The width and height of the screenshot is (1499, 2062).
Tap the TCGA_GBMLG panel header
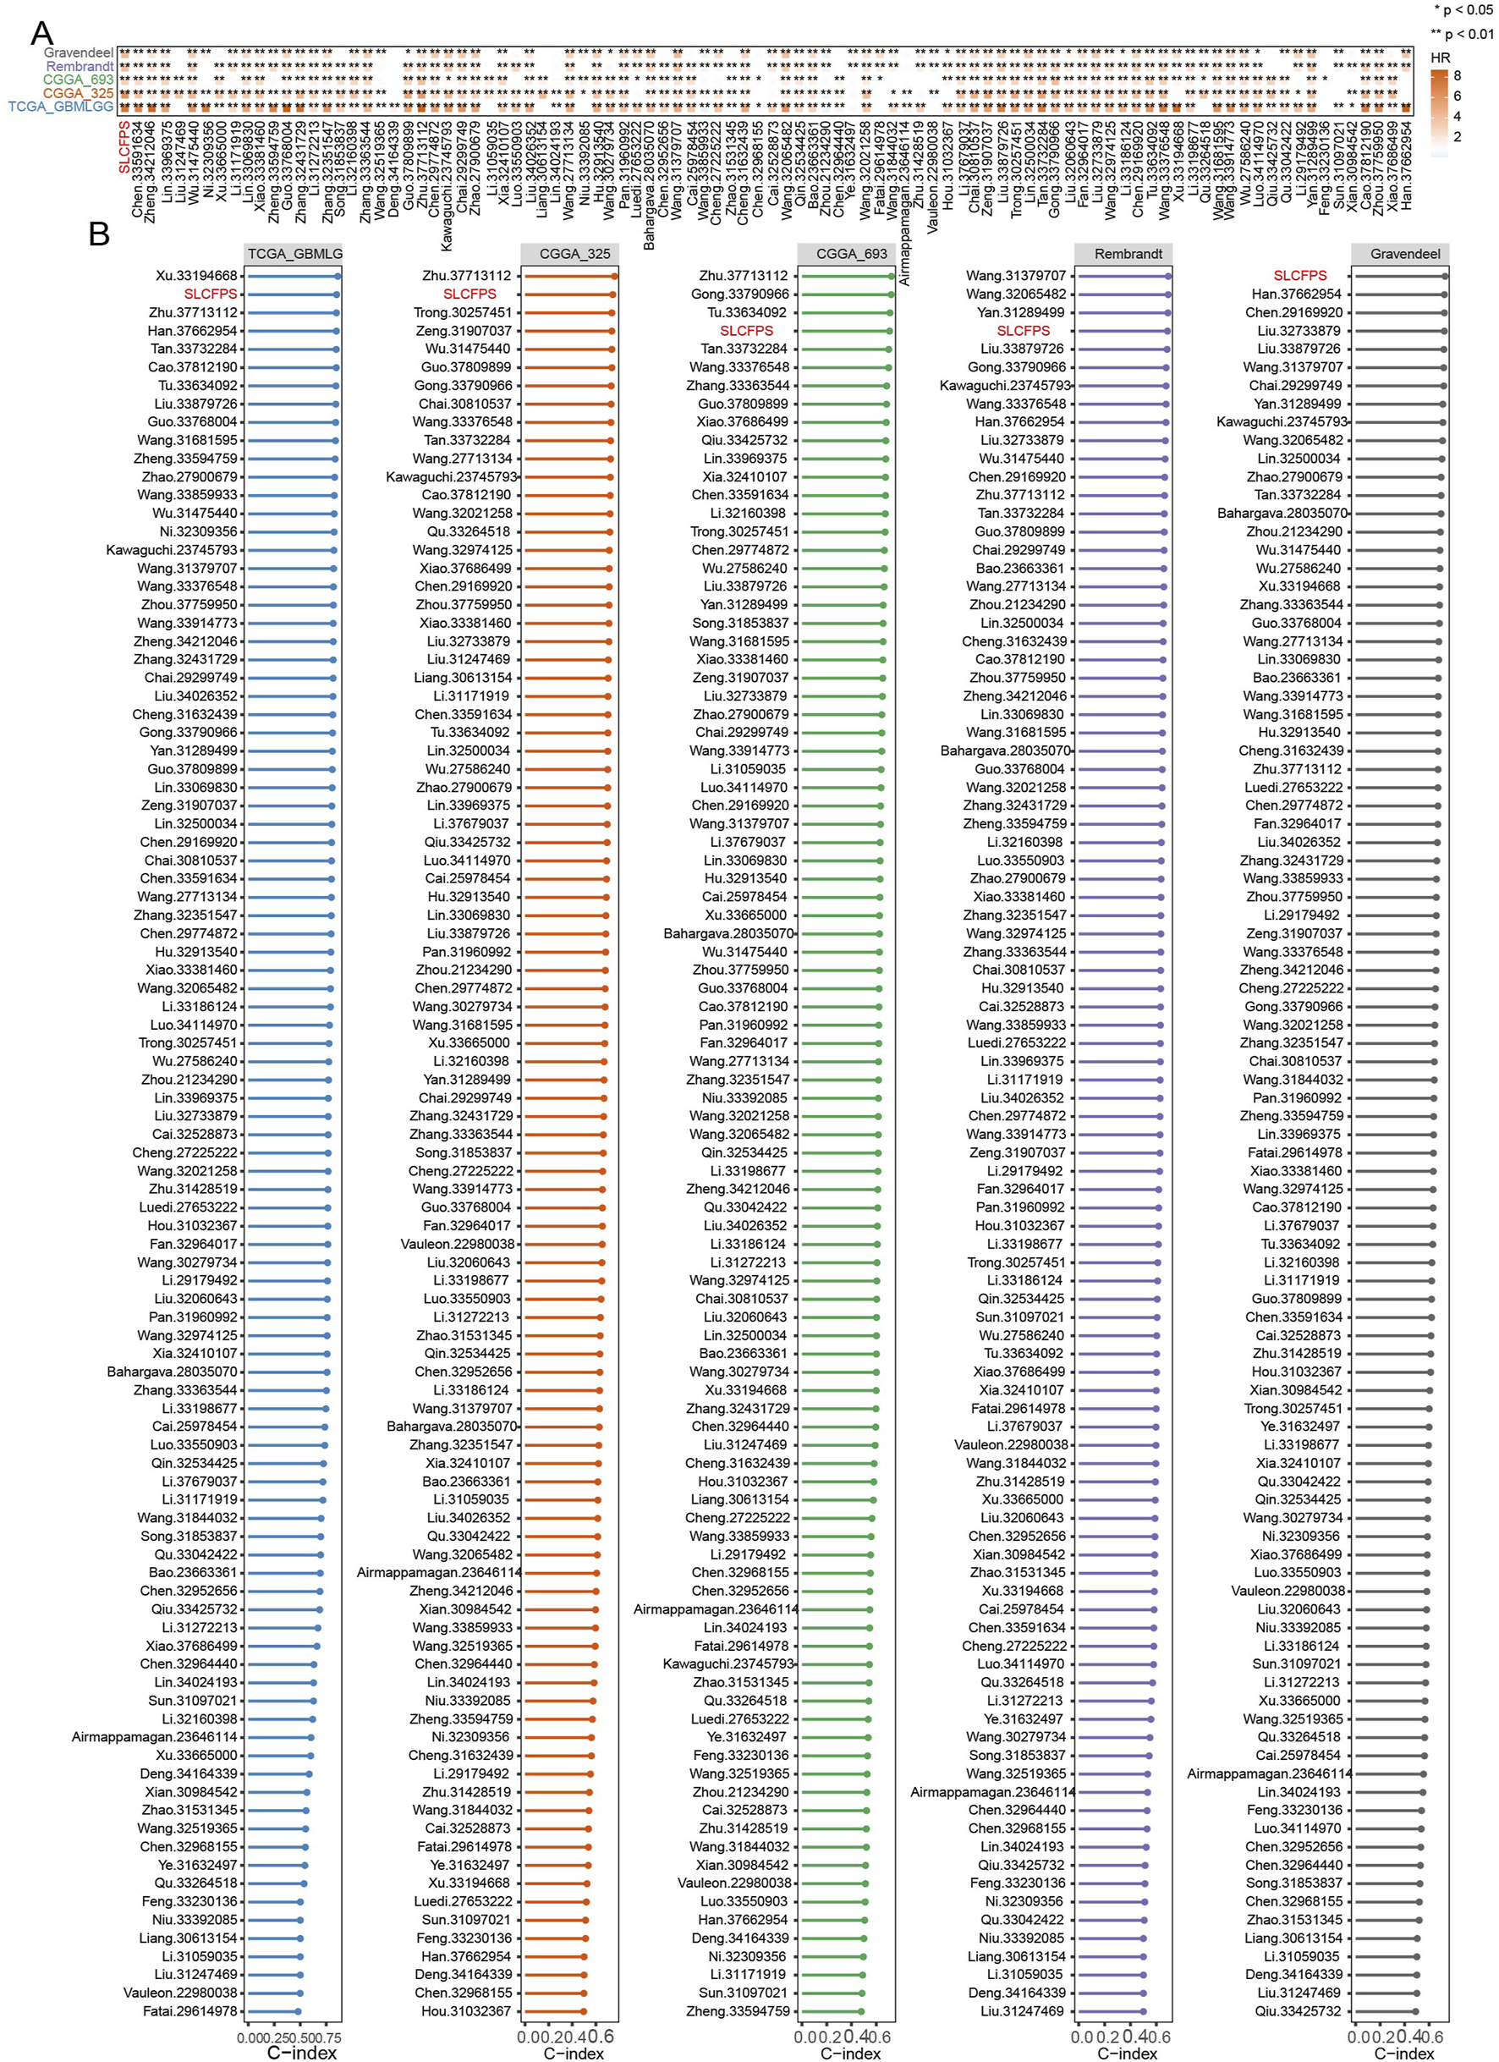[x=294, y=254]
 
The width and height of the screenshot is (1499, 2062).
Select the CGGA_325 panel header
[x=574, y=254]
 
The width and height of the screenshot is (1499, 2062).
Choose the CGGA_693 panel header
[x=851, y=254]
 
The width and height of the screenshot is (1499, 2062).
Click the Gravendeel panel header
[x=1404, y=254]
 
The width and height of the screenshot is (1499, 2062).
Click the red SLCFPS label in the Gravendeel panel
[x=1299, y=276]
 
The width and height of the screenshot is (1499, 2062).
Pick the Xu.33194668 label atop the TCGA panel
[x=196, y=276]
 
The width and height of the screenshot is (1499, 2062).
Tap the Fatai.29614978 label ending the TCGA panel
[x=190, y=2011]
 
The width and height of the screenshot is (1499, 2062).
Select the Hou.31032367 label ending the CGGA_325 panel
[x=465, y=2011]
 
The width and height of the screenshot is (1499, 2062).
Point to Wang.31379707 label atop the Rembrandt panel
[x=1015, y=276]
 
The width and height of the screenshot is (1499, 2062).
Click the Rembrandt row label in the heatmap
[x=80, y=66]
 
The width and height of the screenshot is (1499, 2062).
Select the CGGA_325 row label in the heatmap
[x=78, y=93]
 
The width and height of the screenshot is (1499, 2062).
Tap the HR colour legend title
[x=1440, y=58]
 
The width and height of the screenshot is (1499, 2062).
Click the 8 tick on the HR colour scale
[x=1458, y=75]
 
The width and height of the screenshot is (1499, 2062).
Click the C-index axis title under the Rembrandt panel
[x=1127, y=2053]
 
